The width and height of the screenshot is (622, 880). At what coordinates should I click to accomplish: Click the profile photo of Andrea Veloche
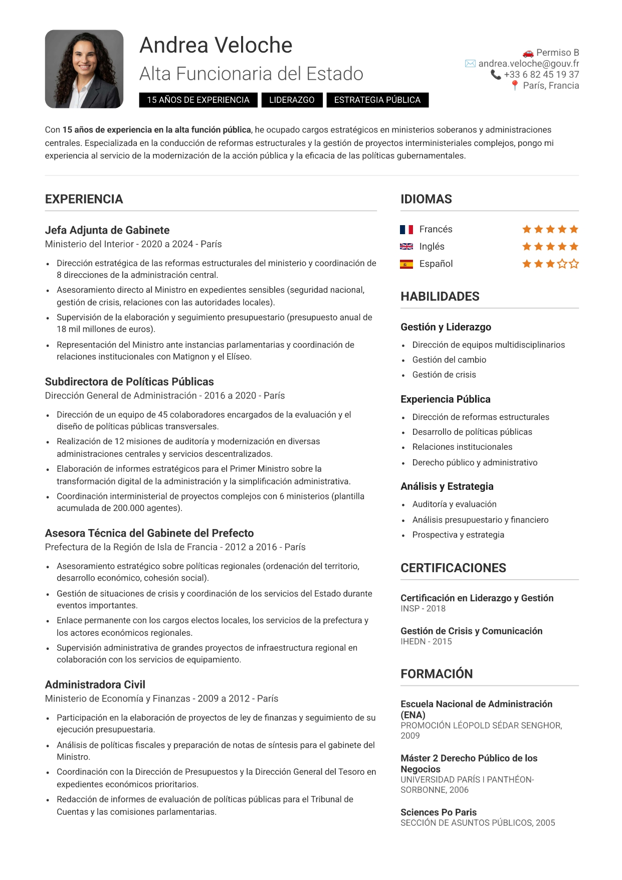click(84, 69)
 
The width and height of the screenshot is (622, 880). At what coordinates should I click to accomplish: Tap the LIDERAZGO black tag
click(292, 100)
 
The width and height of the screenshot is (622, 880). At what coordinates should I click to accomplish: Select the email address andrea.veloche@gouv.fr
click(528, 64)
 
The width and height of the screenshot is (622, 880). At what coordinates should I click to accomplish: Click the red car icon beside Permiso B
click(528, 53)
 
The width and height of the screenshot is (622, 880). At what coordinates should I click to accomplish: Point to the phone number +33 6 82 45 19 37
click(541, 75)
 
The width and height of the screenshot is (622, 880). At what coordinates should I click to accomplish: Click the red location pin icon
click(515, 86)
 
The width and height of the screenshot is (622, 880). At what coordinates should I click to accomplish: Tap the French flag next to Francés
click(406, 230)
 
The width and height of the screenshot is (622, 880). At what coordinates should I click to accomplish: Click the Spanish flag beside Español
click(406, 264)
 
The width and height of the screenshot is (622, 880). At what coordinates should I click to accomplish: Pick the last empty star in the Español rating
click(574, 264)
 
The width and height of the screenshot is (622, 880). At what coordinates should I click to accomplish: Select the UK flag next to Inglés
click(406, 247)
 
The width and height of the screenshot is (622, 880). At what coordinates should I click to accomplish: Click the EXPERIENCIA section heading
click(84, 199)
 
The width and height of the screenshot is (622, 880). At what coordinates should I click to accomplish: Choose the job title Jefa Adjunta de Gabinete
click(107, 230)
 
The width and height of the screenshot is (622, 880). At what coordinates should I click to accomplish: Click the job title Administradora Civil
click(95, 684)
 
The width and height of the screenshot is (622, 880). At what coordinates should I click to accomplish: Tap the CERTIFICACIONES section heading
click(453, 568)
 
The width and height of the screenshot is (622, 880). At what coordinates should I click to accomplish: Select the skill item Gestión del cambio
click(449, 360)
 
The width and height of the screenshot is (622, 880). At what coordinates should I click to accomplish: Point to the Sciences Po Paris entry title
click(439, 812)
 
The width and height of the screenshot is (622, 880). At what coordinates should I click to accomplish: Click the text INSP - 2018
click(423, 609)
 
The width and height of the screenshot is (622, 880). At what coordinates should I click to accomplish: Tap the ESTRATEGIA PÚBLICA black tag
click(377, 100)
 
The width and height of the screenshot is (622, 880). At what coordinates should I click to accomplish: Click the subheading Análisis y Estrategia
click(447, 486)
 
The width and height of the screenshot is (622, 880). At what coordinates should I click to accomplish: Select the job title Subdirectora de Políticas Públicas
click(129, 382)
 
